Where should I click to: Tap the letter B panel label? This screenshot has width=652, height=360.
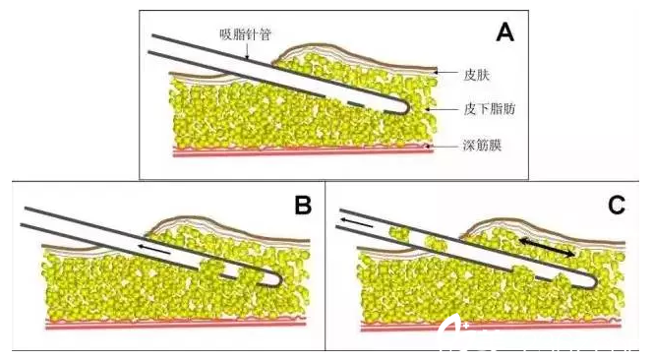(303, 206)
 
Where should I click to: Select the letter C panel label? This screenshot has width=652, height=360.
(618, 206)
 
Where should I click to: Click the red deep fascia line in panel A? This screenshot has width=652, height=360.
(295, 150)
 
